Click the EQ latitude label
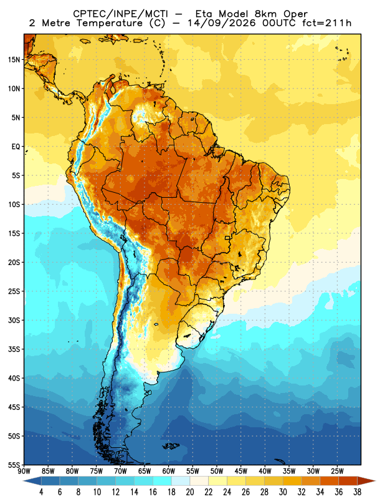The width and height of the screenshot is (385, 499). [16, 147]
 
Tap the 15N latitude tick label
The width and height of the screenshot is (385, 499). [14, 60]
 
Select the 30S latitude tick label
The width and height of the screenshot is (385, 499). [14, 320]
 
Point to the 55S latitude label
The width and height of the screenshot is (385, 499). [14, 465]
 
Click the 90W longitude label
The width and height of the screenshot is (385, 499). [24, 472]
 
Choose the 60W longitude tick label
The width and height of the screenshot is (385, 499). [168, 472]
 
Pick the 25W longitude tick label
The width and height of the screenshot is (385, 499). [337, 472]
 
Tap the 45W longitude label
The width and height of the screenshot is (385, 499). [241, 472]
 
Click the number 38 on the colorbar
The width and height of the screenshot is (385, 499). [358, 492]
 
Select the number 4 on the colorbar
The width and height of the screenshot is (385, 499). [41, 492]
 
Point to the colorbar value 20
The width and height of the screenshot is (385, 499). [190, 492]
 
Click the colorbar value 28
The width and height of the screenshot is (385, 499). [264, 492]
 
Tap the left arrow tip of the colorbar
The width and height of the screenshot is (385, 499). [23, 481]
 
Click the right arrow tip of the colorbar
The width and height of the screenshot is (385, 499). [376, 481]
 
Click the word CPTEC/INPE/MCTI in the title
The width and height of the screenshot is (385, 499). [121, 14]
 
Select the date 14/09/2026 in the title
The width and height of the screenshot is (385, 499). [222, 23]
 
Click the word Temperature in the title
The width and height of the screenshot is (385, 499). [110, 23]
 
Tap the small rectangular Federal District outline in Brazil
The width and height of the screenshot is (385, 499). [227, 238]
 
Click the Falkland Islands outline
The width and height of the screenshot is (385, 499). [171, 446]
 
